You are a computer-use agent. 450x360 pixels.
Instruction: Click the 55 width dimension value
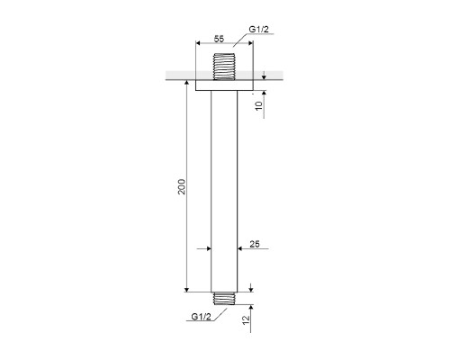(219, 39)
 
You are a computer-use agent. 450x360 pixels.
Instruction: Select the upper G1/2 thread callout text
(259, 30)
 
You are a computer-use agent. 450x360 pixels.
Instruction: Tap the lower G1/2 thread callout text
(201, 317)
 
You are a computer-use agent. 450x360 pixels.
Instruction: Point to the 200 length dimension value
(182, 186)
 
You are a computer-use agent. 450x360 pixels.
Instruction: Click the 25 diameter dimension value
(255, 244)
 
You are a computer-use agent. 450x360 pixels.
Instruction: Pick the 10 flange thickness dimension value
(258, 105)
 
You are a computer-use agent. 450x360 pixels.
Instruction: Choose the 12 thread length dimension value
(246, 319)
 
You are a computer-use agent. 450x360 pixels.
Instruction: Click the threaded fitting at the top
(224, 67)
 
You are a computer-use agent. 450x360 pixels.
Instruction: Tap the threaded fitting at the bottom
(224, 299)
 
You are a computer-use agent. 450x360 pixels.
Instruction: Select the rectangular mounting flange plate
(224, 85)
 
